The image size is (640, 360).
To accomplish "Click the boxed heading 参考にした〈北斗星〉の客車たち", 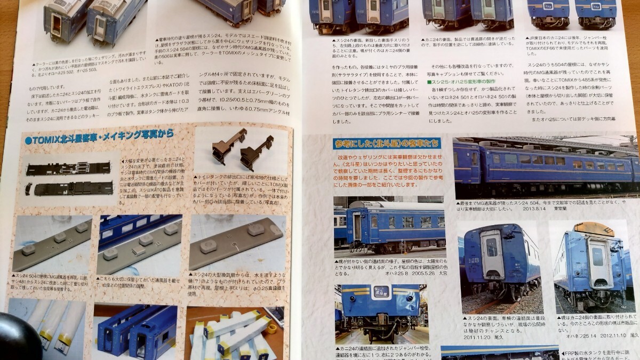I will point(386,143).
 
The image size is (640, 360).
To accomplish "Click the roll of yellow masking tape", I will point(272,327).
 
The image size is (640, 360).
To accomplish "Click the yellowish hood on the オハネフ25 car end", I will point(593,229).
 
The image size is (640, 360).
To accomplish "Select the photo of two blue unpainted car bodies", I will point(137,331).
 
